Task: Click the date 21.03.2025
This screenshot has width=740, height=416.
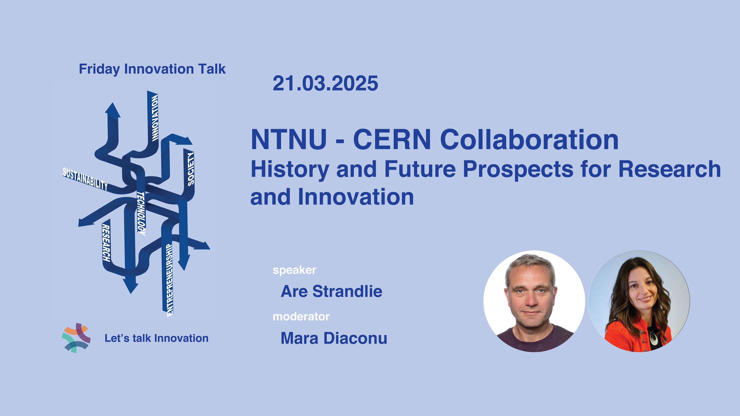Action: pyautogui.click(x=325, y=84)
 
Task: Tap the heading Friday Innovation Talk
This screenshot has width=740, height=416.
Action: pyautogui.click(x=152, y=69)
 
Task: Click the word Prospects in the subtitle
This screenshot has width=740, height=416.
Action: pyautogui.click(x=518, y=170)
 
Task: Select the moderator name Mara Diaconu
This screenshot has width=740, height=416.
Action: pyautogui.click(x=334, y=338)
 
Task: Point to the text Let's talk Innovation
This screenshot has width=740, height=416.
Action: pyautogui.click(x=157, y=338)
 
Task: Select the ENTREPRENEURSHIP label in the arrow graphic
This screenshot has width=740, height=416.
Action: pyautogui.click(x=170, y=280)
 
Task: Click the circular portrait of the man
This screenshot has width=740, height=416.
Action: pyautogui.click(x=534, y=301)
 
